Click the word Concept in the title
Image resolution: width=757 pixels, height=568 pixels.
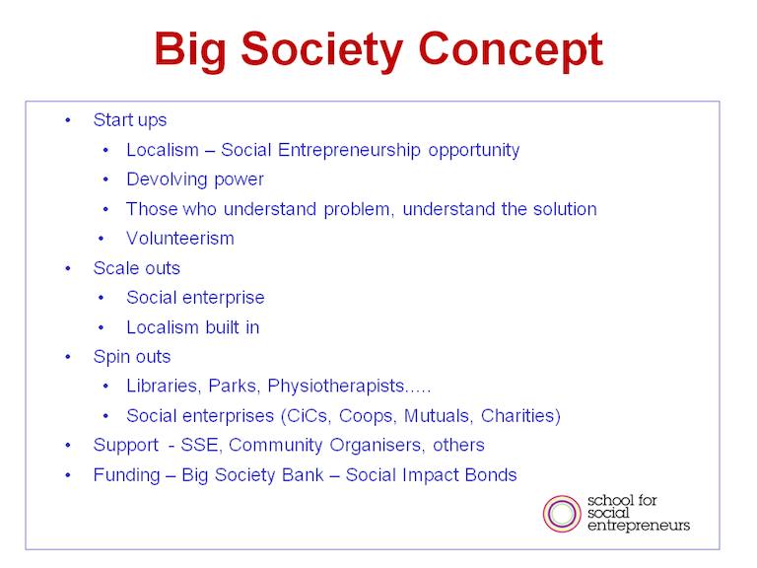tap(511, 50)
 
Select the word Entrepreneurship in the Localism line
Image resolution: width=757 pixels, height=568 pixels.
tap(349, 151)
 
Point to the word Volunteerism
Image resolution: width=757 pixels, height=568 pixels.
tap(180, 238)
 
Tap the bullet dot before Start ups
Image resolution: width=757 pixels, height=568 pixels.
tap(68, 119)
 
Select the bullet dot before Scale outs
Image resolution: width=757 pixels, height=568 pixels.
tap(68, 268)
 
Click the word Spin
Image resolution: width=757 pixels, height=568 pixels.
tap(110, 357)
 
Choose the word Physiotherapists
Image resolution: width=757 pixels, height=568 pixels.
tap(336, 387)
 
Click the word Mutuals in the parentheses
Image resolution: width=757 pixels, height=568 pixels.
tap(437, 416)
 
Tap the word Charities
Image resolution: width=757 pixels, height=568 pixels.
tap(520, 416)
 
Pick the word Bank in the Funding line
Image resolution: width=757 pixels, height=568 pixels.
tap(303, 474)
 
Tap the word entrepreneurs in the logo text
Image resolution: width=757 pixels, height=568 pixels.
tap(639, 526)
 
